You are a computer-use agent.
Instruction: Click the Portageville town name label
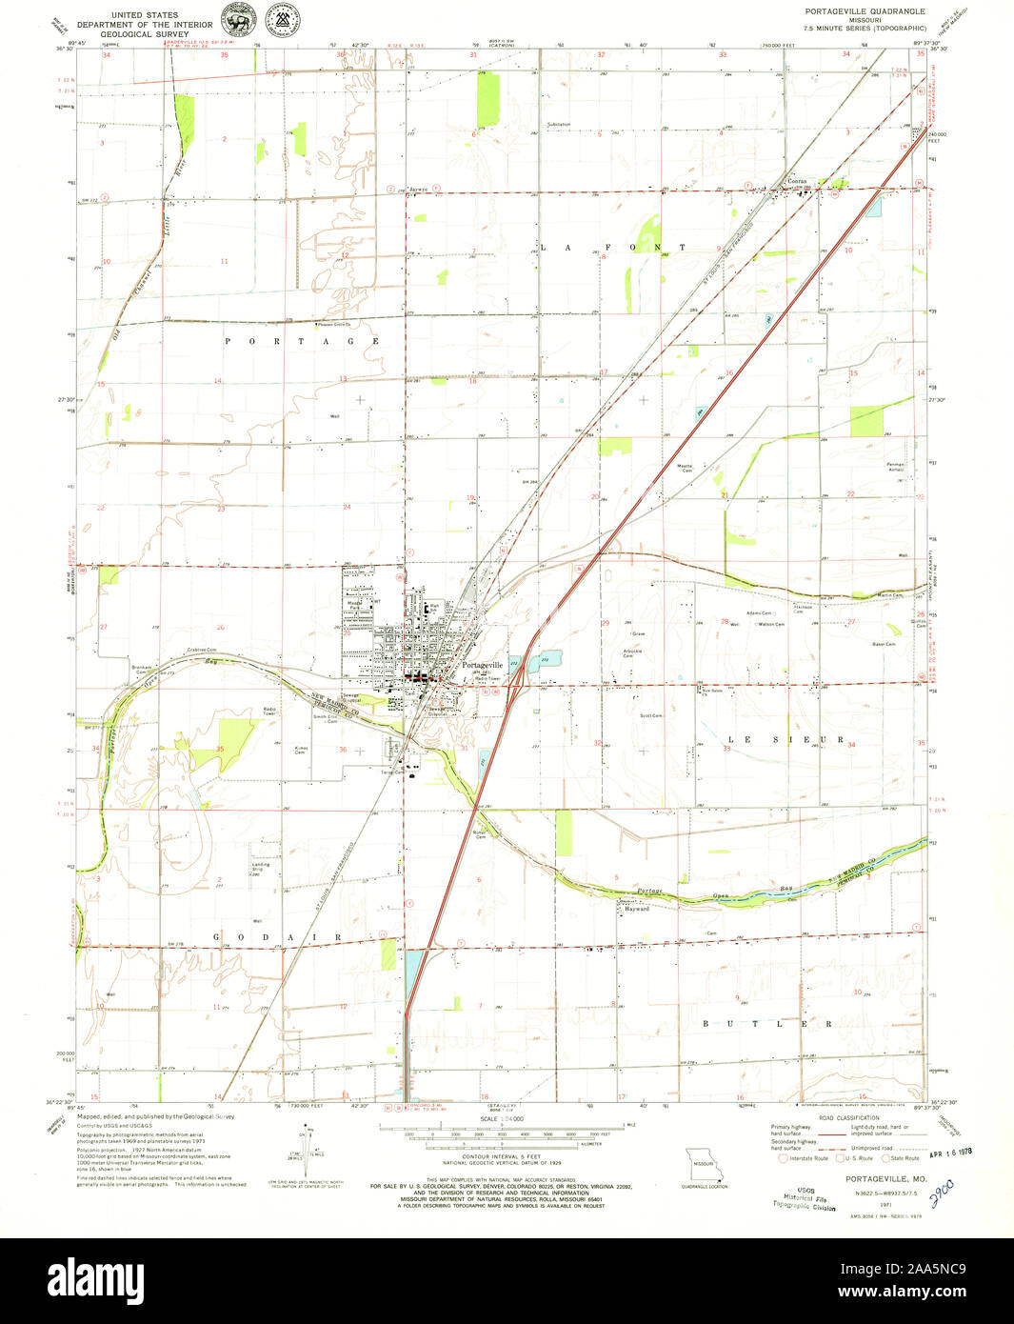tap(482, 665)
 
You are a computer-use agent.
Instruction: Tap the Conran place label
tap(796, 181)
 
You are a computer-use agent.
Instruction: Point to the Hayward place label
tap(636, 909)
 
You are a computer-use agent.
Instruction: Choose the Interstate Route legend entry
tap(804, 1158)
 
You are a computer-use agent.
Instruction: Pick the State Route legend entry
tap(900, 1158)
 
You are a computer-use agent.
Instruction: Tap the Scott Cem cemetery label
tap(651, 715)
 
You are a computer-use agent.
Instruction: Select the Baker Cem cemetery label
tap(885, 644)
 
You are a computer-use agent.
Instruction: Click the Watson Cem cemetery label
tap(769, 625)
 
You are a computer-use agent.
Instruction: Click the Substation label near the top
tap(559, 125)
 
